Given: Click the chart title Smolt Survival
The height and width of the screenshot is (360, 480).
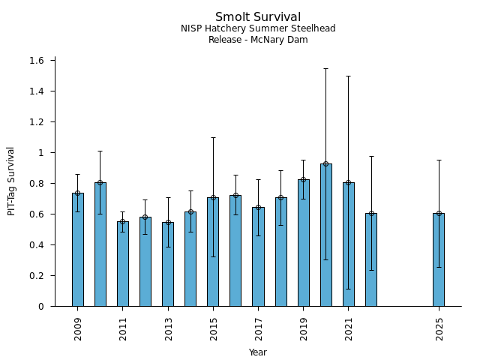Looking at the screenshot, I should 258,17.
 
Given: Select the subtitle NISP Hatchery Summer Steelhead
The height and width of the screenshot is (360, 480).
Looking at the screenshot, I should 258,29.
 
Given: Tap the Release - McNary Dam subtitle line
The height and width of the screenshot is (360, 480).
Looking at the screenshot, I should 258,40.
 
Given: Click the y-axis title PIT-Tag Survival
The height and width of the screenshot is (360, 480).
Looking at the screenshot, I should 11,181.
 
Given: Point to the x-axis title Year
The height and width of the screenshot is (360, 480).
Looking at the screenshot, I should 258,352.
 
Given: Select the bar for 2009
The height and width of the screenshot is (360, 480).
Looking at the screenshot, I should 78,249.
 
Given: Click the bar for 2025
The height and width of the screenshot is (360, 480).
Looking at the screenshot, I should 439,259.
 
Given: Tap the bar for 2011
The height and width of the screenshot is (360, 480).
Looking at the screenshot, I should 123,263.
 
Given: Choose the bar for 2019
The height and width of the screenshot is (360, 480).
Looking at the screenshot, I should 303,242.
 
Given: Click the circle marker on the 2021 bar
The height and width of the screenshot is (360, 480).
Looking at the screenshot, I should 348,183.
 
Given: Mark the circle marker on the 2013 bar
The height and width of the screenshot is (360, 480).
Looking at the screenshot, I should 168,223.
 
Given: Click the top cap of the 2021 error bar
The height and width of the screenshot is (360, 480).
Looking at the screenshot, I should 348,76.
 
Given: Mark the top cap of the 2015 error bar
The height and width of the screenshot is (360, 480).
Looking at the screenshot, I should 213,137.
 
